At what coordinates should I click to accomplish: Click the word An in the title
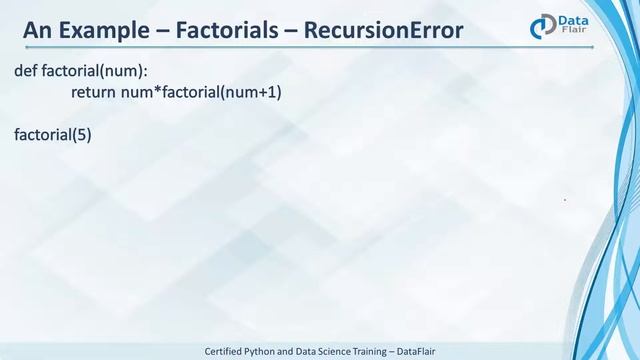[x=39, y=31]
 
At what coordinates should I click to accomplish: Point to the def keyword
[x=26, y=72]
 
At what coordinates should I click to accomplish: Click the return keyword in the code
[x=95, y=92]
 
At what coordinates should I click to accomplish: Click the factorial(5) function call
[x=53, y=132]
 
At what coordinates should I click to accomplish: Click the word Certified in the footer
[x=228, y=351]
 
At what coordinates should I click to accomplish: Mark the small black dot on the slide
[x=565, y=200]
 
